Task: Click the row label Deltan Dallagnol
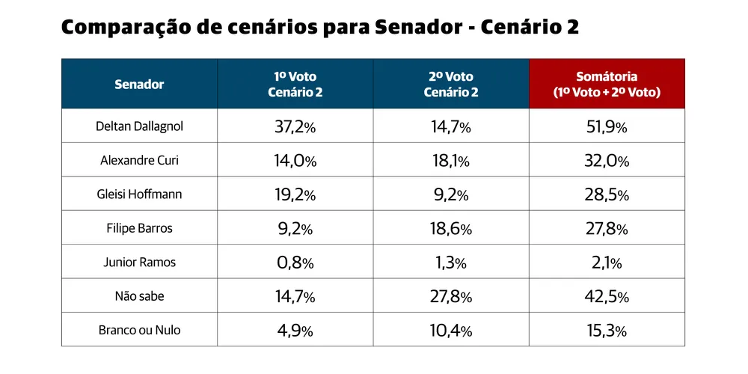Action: [139, 126]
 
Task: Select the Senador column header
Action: [139, 85]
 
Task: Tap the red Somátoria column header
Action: [607, 85]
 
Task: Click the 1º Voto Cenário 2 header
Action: [295, 85]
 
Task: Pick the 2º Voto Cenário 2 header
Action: [451, 85]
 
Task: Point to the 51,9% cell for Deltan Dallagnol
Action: [607, 127]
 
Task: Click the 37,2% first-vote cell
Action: [295, 127]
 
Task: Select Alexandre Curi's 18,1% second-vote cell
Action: [451, 161]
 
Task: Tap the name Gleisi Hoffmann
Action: [139, 194]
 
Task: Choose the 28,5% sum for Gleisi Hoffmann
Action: [607, 195]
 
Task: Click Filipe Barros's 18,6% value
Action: [451, 229]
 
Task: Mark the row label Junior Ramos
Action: [139, 263]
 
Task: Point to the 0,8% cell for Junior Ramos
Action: [295, 263]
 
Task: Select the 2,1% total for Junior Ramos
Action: [607, 263]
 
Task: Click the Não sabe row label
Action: [139, 296]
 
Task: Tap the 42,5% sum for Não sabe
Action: [607, 297]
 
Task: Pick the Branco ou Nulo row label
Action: [139, 330]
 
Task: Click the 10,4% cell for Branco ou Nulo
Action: [451, 331]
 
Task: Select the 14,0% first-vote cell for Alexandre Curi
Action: [295, 161]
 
